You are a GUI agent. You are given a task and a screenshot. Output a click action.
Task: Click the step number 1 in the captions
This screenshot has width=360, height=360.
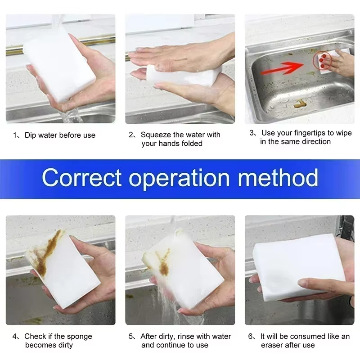tap(15, 135)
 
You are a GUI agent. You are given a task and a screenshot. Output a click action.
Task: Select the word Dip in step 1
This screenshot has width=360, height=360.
tap(31, 135)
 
